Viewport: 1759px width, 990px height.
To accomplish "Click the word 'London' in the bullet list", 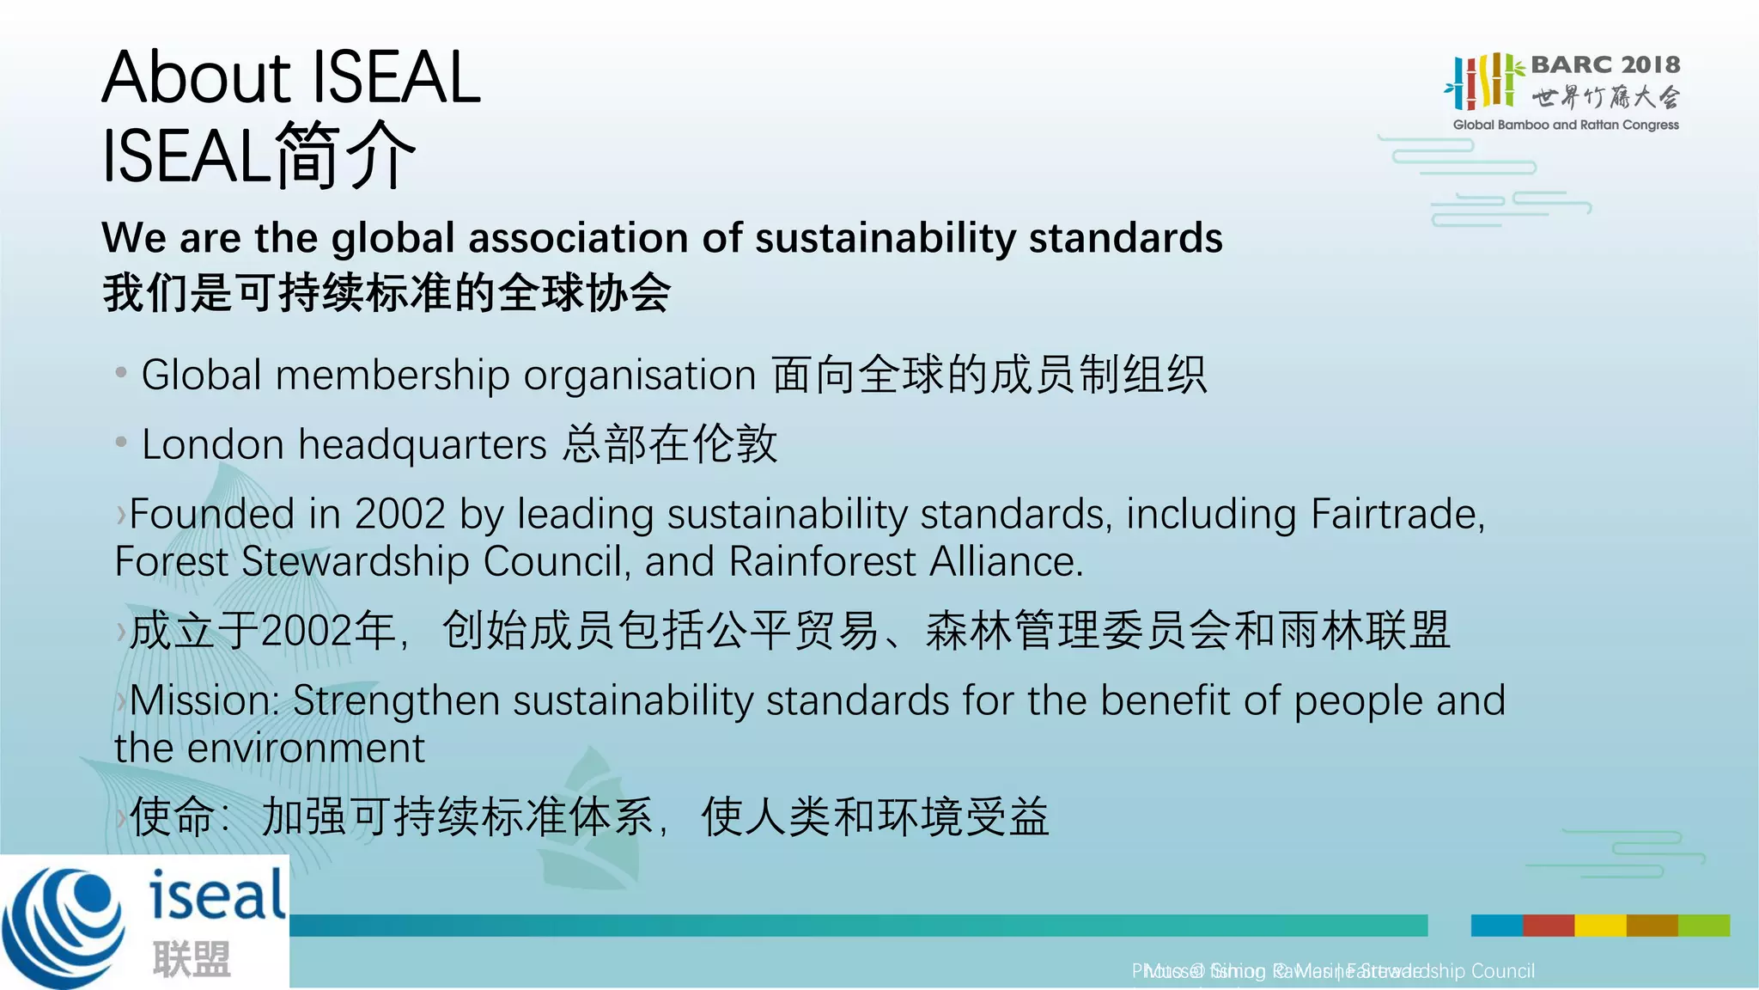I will (x=212, y=445).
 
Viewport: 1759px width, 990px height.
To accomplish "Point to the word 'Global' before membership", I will (x=201, y=376).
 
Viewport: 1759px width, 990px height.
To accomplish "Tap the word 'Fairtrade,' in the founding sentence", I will (x=1397, y=514).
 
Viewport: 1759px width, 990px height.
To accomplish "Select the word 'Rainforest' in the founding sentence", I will (x=822, y=562).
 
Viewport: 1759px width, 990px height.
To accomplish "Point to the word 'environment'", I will (x=306, y=749).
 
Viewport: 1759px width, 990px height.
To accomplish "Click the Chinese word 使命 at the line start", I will (x=172, y=816).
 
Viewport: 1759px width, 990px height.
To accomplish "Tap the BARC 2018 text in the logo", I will (x=1604, y=64).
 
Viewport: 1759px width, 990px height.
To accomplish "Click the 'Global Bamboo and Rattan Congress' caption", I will (x=1565, y=125).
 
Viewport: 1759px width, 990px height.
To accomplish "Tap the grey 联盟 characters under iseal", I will (x=192, y=959).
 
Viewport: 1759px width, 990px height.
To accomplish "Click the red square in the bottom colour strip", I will (x=1548, y=926).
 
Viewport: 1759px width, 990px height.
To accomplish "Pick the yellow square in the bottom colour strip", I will (x=1600, y=926).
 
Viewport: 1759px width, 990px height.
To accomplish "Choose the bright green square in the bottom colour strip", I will (x=1704, y=926).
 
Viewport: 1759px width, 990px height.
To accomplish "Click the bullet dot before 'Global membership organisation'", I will (x=121, y=373).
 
